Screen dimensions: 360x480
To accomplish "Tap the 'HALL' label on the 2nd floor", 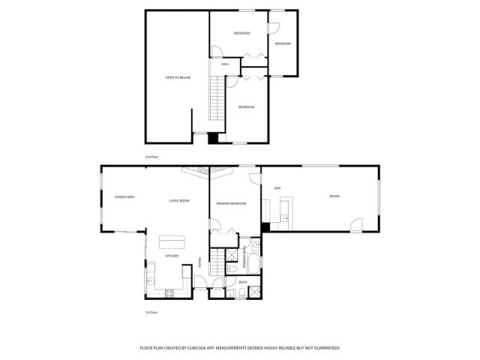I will (x=225, y=64).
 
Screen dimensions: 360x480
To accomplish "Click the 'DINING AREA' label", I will (x=124, y=196).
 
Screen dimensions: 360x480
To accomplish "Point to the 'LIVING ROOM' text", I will (x=178, y=200).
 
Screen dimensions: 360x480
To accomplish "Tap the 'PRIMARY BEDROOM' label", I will (x=231, y=203).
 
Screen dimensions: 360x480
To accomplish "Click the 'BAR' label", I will (x=277, y=187).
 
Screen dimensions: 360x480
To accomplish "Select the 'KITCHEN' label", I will (x=172, y=256).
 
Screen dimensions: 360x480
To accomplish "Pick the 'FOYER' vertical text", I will (x=200, y=262).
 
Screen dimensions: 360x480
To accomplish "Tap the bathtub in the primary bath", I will (x=252, y=265).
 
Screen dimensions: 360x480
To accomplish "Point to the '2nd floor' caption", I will (x=152, y=157).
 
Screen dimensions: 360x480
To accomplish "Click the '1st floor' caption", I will (x=152, y=312).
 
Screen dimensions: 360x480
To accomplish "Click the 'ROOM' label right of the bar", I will (x=334, y=196).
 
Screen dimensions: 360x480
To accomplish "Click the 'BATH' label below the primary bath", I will (x=242, y=283).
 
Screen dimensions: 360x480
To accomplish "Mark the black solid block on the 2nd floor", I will (x=213, y=138).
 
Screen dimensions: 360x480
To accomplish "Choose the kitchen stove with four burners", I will (x=169, y=292).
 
